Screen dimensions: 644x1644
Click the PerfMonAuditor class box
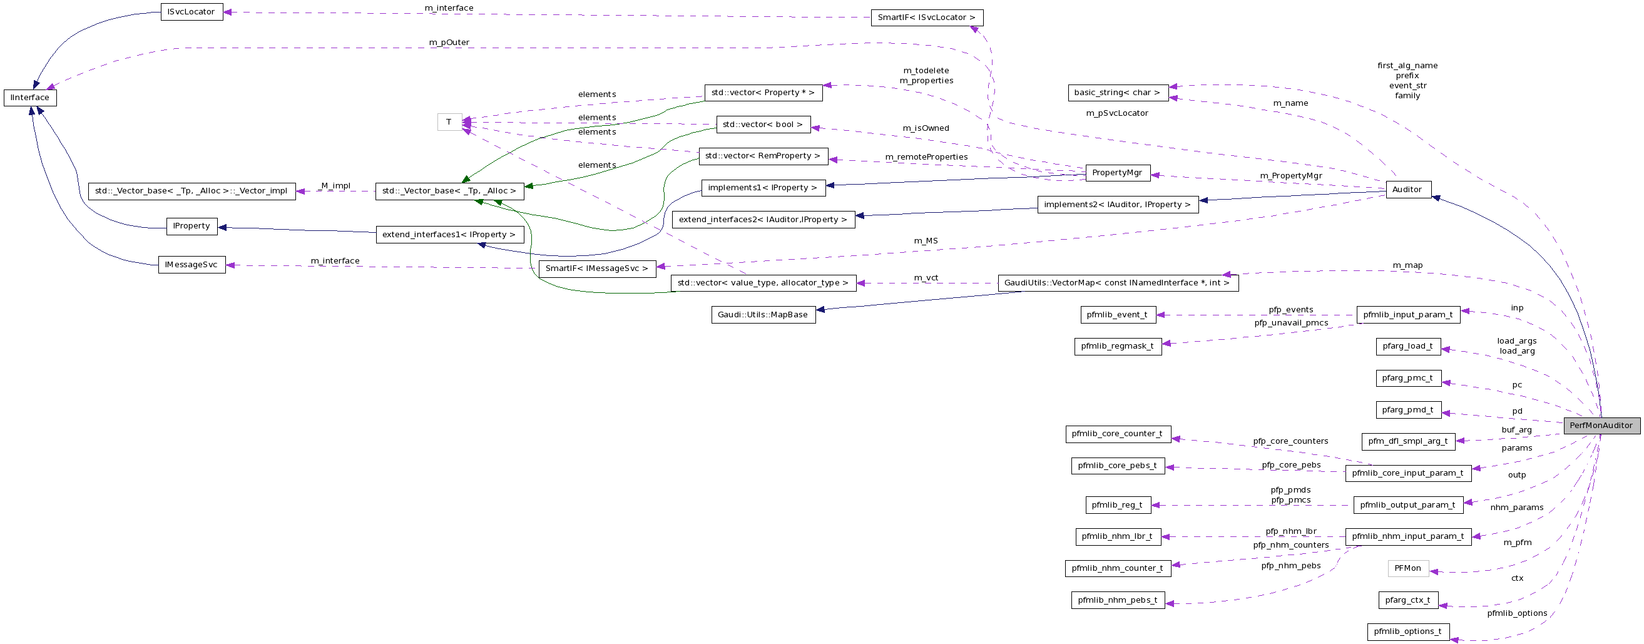[1601, 426]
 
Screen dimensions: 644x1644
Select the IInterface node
[30, 98]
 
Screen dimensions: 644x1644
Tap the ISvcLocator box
[191, 12]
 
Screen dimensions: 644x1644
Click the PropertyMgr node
[1118, 173]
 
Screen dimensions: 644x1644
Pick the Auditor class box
[1407, 190]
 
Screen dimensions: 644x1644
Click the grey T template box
[449, 122]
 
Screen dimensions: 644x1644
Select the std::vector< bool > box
[763, 125]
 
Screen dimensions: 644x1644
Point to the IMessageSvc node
[191, 265]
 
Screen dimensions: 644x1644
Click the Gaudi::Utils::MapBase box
[763, 315]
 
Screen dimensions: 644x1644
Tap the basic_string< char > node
[1118, 93]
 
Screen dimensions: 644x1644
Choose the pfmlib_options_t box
[1407, 632]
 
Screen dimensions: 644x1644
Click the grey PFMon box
[1407, 568]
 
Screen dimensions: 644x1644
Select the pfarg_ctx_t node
[1407, 600]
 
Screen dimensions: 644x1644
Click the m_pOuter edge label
[449, 43]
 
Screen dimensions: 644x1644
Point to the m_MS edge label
[926, 240]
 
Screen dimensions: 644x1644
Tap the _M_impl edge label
[335, 186]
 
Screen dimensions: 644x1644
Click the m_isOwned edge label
[926, 128]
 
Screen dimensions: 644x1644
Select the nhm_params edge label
[1516, 508]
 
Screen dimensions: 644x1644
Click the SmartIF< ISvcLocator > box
[927, 18]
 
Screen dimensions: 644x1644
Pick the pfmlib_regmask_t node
[1118, 347]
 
